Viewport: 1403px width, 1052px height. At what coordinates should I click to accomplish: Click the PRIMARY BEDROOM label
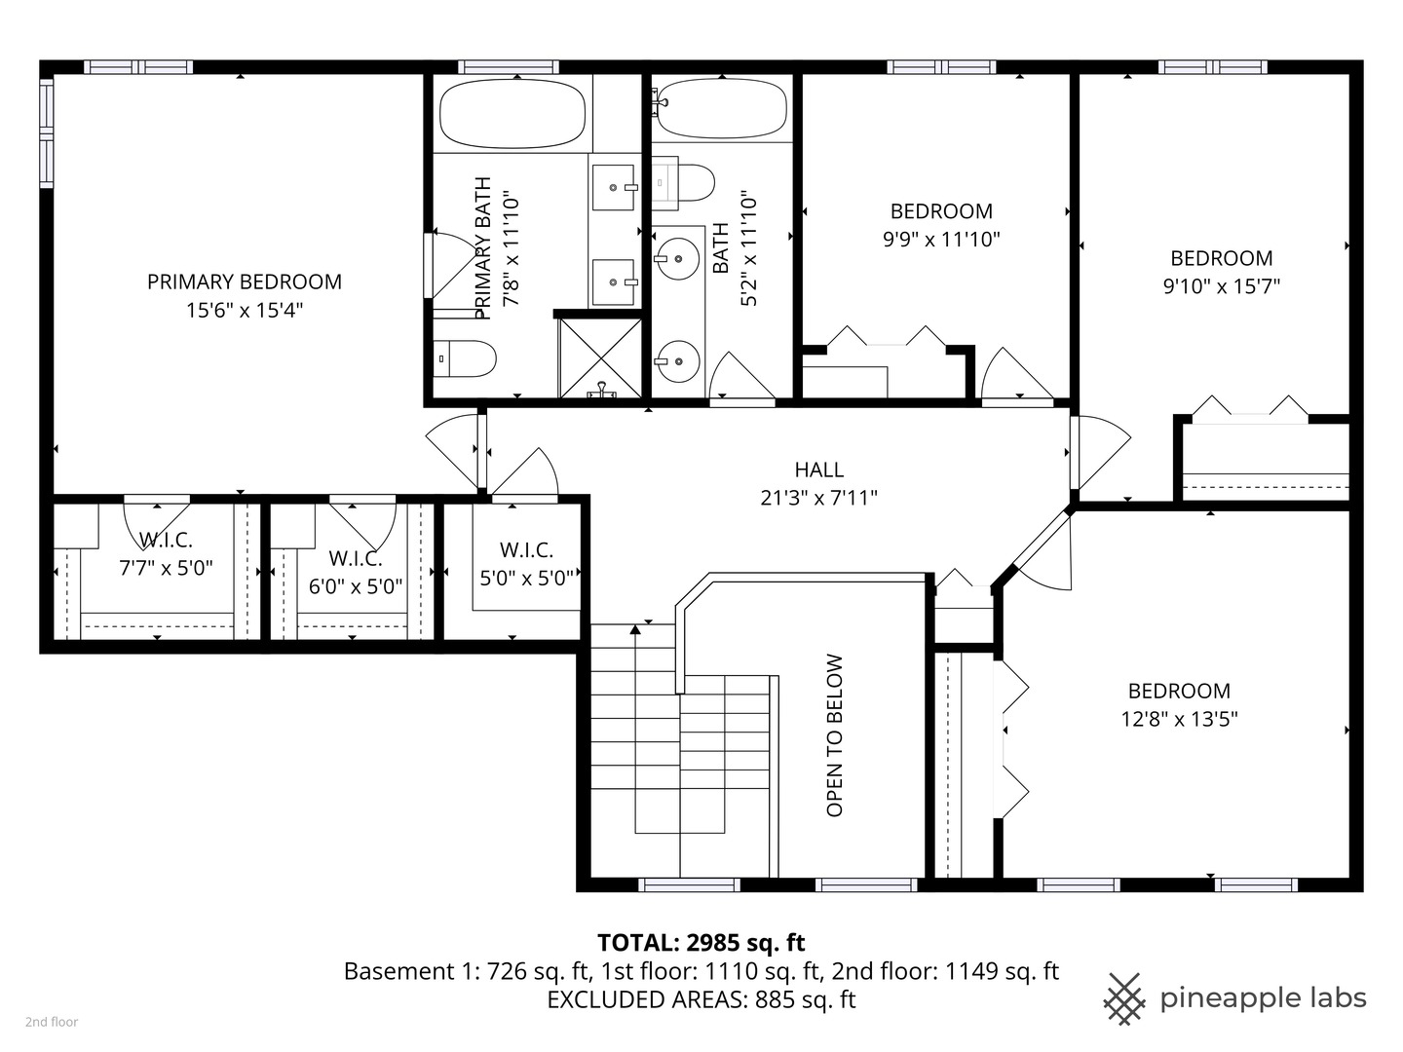point(244,282)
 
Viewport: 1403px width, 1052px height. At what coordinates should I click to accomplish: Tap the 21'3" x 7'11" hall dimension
point(818,498)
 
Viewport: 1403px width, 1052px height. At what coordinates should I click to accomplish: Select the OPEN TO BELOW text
point(835,735)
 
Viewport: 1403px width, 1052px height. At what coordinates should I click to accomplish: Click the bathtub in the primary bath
point(512,113)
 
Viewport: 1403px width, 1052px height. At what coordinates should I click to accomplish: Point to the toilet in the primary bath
point(465,358)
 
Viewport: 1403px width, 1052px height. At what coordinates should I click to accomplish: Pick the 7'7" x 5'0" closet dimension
point(166,568)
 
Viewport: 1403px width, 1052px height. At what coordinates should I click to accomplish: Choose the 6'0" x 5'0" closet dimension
point(356,586)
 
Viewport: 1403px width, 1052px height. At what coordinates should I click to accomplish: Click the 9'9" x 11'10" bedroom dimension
point(941,239)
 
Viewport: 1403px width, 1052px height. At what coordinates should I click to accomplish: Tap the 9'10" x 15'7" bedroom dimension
point(1221,285)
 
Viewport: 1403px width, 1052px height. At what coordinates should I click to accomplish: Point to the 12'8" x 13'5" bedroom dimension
point(1179,719)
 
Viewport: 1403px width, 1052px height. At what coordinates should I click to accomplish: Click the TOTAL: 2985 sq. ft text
point(701,942)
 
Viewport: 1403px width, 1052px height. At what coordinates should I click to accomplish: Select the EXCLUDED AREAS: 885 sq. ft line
point(701,999)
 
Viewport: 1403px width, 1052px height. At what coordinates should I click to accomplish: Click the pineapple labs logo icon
point(1124,998)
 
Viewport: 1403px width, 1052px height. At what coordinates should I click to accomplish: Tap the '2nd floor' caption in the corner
point(52,1022)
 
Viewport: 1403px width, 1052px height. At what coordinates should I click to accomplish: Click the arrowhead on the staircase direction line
point(635,629)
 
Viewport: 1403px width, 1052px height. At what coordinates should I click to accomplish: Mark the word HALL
point(818,470)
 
